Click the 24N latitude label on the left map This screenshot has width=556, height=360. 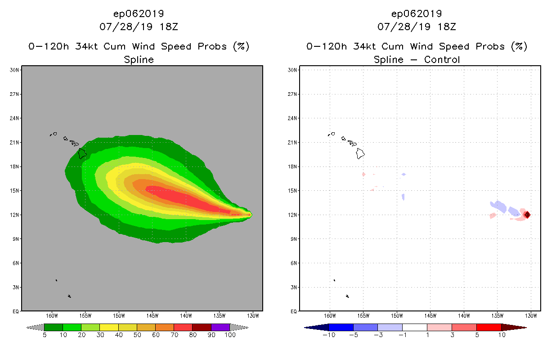[14, 118]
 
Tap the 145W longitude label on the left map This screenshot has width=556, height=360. [152, 315]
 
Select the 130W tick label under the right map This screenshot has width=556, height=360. [531, 315]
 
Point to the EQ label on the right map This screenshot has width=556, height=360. [293, 311]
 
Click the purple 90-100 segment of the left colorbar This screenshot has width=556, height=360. [220, 327]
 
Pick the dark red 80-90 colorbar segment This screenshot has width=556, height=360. [202, 327]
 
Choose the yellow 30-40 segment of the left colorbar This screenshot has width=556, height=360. [109, 327]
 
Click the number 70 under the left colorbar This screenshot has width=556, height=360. [174, 335]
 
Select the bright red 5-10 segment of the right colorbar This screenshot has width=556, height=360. [489, 327]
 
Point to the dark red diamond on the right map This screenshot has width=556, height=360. [527, 215]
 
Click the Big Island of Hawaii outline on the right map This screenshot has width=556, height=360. [360, 153]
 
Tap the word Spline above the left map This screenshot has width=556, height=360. [139, 60]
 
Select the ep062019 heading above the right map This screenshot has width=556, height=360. [417, 13]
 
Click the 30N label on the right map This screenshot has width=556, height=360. [292, 70]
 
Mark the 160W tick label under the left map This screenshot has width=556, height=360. [52, 315]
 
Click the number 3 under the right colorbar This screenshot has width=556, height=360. [452, 335]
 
